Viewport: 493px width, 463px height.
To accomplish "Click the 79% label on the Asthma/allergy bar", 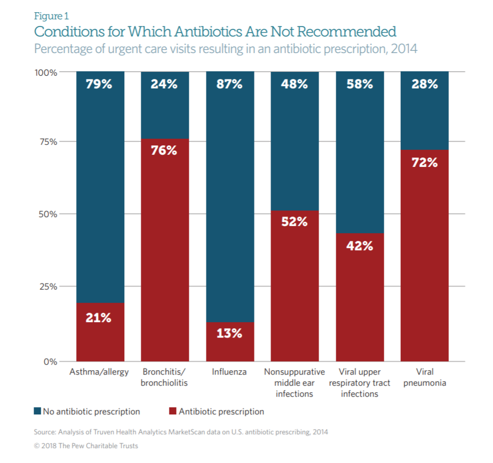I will tap(99, 85).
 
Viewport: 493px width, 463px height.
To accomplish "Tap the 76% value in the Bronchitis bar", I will tap(165, 150).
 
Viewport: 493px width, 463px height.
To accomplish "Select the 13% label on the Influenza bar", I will tap(230, 333).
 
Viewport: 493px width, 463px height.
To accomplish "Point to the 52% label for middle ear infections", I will tap(295, 222).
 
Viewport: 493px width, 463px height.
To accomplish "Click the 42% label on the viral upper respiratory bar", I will tap(360, 245).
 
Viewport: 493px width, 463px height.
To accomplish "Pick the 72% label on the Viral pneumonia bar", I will tap(425, 162).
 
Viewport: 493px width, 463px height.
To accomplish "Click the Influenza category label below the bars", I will tap(230, 372).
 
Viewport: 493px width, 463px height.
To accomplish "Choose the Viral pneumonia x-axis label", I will tap(425, 377).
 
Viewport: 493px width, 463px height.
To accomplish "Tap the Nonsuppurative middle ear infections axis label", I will tap(295, 382).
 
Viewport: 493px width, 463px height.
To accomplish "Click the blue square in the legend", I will tap(37, 412).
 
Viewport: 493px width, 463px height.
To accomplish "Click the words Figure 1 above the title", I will tap(51, 16).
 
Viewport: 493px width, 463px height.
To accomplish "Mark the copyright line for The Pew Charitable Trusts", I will tap(86, 446).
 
